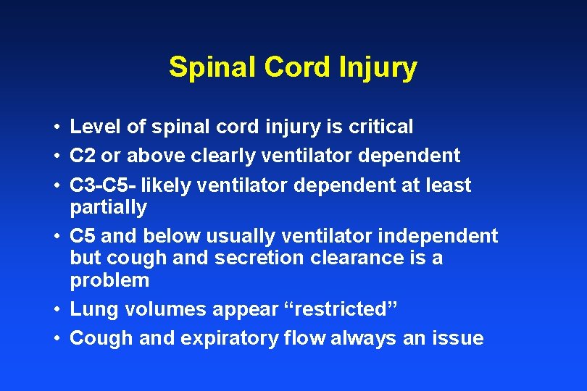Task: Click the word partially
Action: [x=108, y=208]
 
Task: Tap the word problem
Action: [x=109, y=281]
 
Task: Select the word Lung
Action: [x=94, y=310]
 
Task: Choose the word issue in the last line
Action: [x=457, y=338]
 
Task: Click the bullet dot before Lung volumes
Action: [x=56, y=310]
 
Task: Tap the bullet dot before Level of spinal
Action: [x=56, y=127]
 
